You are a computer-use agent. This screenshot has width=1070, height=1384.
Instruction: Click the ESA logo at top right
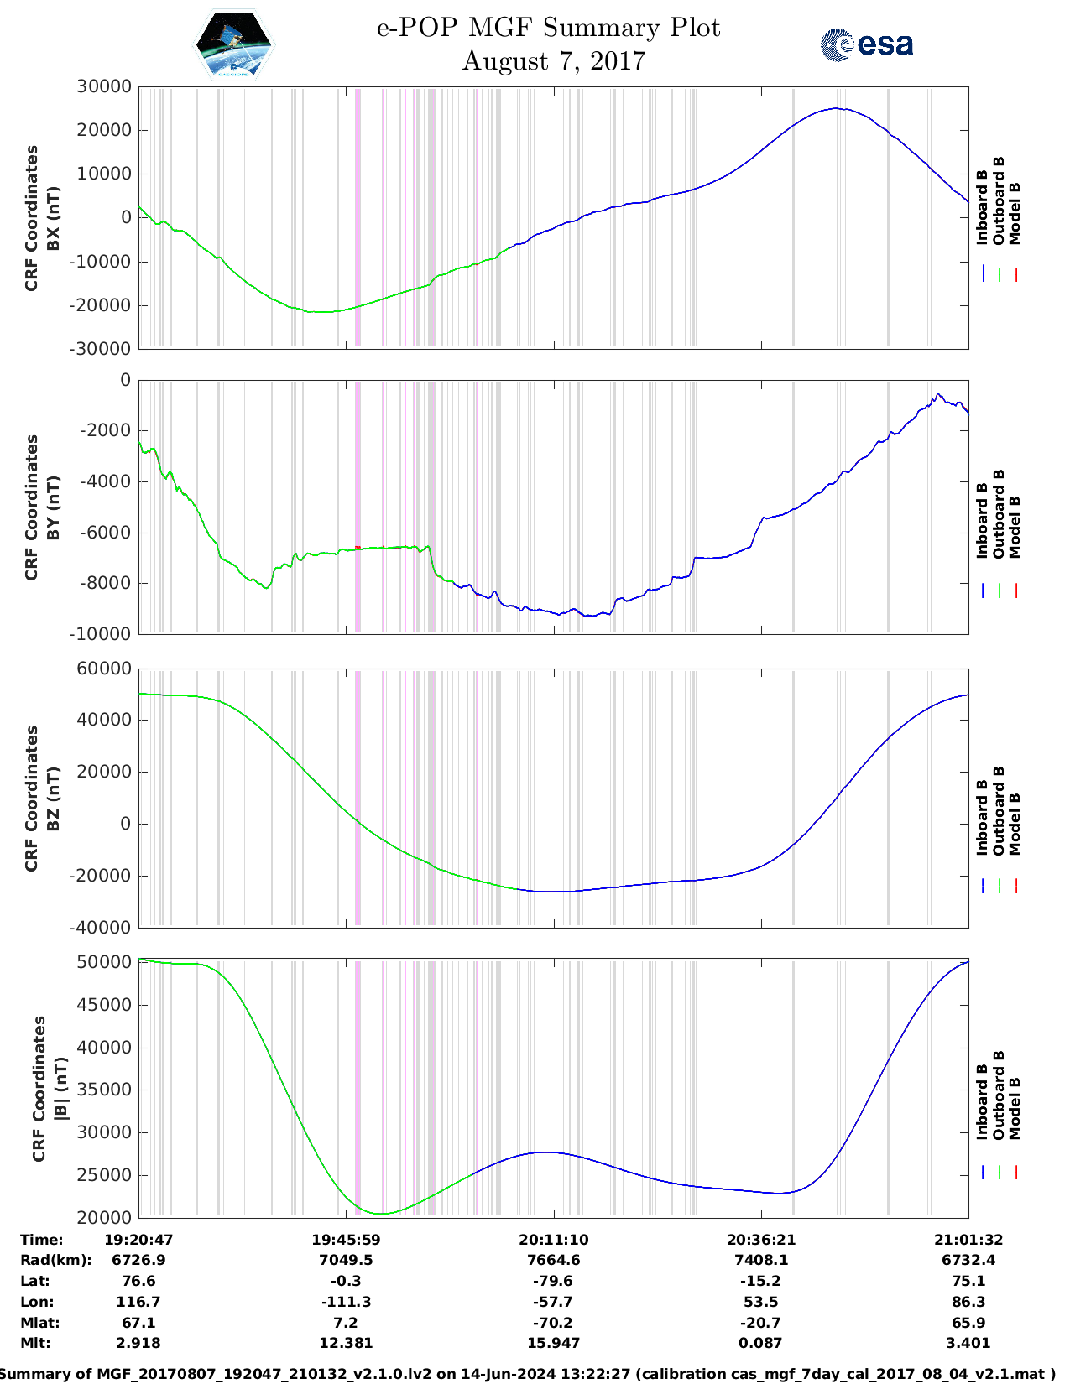pyautogui.click(x=866, y=44)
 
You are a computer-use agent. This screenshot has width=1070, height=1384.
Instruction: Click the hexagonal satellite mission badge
pyautogui.click(x=234, y=44)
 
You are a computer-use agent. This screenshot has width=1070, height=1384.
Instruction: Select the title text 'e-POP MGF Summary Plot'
pyautogui.click(x=548, y=28)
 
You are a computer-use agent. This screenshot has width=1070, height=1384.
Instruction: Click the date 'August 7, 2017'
pyautogui.click(x=554, y=61)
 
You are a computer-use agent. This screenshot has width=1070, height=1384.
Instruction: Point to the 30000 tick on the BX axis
pyautogui.click(x=104, y=86)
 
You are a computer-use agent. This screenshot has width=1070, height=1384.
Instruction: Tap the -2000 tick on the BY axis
pyautogui.click(x=107, y=430)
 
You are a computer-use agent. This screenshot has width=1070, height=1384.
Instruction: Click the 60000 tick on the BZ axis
pyautogui.click(x=104, y=669)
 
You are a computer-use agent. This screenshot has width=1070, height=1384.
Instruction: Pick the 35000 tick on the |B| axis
pyautogui.click(x=104, y=1090)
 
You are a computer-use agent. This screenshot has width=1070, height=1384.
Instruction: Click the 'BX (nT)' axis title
pyautogui.click(x=53, y=218)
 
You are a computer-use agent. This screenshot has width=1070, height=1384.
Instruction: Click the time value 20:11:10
pyautogui.click(x=553, y=1239)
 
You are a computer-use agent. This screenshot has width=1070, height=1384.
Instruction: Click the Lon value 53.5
pyautogui.click(x=761, y=1302)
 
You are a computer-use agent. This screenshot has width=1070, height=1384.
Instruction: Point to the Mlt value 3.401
pyautogui.click(x=968, y=1343)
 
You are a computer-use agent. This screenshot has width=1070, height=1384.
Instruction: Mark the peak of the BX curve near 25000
pyautogui.click(x=836, y=108)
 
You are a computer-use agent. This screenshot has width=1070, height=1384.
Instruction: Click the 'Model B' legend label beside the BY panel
pyautogui.click(x=1015, y=528)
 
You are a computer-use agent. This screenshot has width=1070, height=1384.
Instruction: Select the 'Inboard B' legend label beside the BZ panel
pyautogui.click(x=982, y=818)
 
